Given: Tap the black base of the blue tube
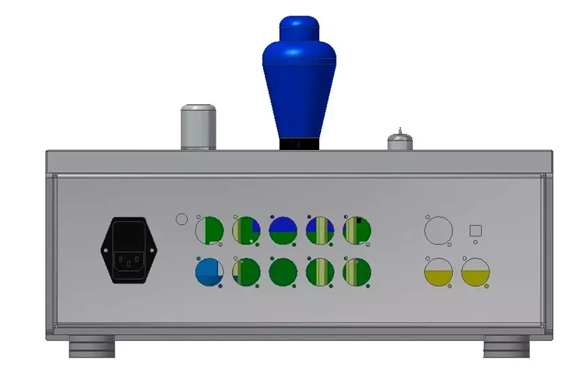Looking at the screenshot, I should point(299,144).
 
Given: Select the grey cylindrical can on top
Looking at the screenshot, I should point(198,126).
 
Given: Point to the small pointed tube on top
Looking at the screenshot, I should point(400,140).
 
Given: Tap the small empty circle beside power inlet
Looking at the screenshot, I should point(181,219).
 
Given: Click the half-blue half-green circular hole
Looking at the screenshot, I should point(284,230).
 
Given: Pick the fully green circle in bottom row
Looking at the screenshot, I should point(283,272).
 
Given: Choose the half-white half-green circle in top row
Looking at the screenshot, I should point(210,230).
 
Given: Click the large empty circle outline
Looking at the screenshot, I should point(437,230).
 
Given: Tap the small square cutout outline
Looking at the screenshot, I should point(475,230).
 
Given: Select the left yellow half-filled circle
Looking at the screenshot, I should point(437,272).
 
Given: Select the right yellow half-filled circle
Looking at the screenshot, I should point(475,272).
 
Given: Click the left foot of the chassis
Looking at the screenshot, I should point(92,349).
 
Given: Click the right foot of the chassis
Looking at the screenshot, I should point(506,349).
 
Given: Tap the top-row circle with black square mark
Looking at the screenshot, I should point(357,230).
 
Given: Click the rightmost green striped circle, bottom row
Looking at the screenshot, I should point(357,272).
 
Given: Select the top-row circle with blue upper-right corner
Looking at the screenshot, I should point(247,230).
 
